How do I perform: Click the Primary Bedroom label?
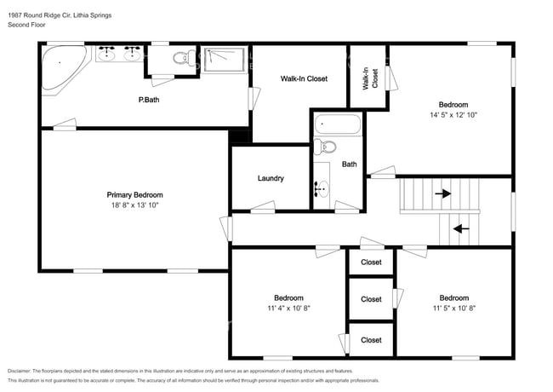[134, 195]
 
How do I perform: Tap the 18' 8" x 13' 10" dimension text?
[135, 205]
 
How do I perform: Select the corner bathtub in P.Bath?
[64, 67]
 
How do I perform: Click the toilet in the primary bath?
[184, 57]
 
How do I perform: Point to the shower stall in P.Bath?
[225, 60]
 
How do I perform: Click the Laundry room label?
[271, 178]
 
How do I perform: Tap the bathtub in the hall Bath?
[338, 124]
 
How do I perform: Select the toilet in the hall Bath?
[325, 147]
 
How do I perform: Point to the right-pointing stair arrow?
[443, 193]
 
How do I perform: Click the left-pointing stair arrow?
[461, 229]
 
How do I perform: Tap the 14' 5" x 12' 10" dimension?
[453, 115]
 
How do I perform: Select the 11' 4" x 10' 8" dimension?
[289, 308]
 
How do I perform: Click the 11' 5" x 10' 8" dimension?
[454, 308]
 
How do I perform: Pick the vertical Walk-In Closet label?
[370, 78]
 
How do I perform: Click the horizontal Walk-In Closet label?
[304, 78]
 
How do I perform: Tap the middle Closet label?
[371, 299]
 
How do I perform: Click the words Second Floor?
[27, 25]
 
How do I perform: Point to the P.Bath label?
[149, 100]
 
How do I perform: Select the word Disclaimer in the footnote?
[20, 372]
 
